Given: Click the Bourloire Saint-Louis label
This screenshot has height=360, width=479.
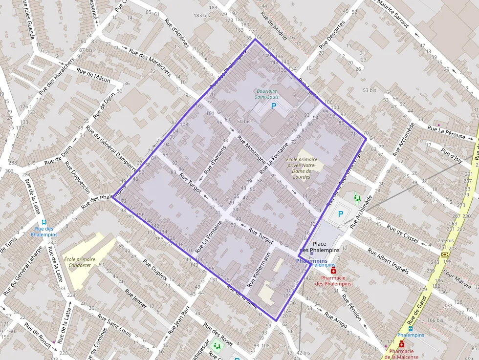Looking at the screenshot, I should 266,94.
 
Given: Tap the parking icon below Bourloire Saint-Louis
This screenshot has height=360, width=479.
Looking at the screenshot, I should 274,106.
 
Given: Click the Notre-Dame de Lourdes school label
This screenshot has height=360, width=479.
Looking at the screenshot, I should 302,168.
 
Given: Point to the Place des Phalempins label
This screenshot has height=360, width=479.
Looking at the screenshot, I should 319,247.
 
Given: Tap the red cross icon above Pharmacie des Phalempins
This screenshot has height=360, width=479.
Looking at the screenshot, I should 334,271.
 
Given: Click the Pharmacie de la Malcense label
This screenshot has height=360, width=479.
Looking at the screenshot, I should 402,354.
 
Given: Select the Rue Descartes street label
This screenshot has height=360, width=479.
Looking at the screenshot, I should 332,34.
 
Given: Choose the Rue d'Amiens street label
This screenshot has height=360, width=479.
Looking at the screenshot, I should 216,159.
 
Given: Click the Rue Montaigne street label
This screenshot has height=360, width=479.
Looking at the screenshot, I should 252,151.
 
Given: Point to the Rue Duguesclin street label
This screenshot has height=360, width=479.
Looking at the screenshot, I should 78,177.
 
